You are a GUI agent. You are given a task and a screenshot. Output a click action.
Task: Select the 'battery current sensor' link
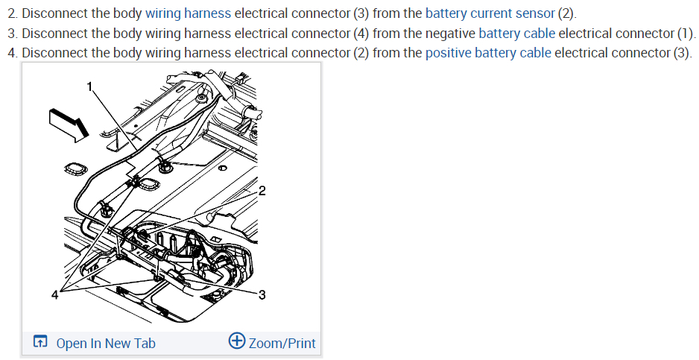coord(490,14)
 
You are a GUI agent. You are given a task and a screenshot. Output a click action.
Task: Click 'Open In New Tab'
coord(106,343)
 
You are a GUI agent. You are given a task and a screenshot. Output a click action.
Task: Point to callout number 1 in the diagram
coord(90,86)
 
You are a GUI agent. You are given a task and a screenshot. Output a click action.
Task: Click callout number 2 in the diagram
coord(262,191)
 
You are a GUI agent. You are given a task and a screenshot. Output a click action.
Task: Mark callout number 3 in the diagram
coord(262,295)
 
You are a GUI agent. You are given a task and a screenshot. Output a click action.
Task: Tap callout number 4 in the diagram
coord(54,295)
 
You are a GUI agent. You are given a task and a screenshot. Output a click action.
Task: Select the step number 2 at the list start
coord(12,14)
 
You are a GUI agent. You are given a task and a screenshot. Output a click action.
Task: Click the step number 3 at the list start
coord(12,34)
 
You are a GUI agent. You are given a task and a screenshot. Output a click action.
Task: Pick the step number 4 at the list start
coord(12,53)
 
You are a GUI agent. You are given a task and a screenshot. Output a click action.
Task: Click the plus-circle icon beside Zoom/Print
coord(237,341)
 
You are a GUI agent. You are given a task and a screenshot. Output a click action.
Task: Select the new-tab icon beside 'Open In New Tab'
coord(41,342)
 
